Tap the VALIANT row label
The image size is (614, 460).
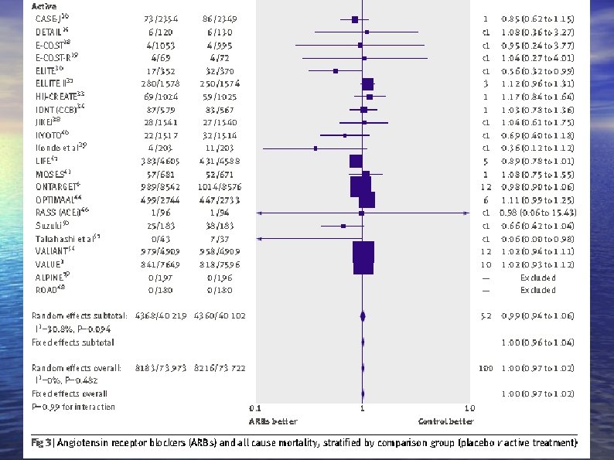click(x=54, y=252)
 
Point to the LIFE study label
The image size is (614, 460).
click(x=44, y=160)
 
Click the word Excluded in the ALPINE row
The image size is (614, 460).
click(x=537, y=277)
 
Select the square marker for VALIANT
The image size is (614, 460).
click(x=363, y=252)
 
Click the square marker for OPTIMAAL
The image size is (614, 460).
click(x=367, y=199)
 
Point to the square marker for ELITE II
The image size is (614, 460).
click(x=368, y=83)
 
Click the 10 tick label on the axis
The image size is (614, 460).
click(x=469, y=407)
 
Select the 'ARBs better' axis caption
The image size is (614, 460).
click(x=272, y=421)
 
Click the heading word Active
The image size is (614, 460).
click(x=45, y=5)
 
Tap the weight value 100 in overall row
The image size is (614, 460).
click(x=485, y=368)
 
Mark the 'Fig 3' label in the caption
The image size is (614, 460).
click(x=42, y=443)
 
